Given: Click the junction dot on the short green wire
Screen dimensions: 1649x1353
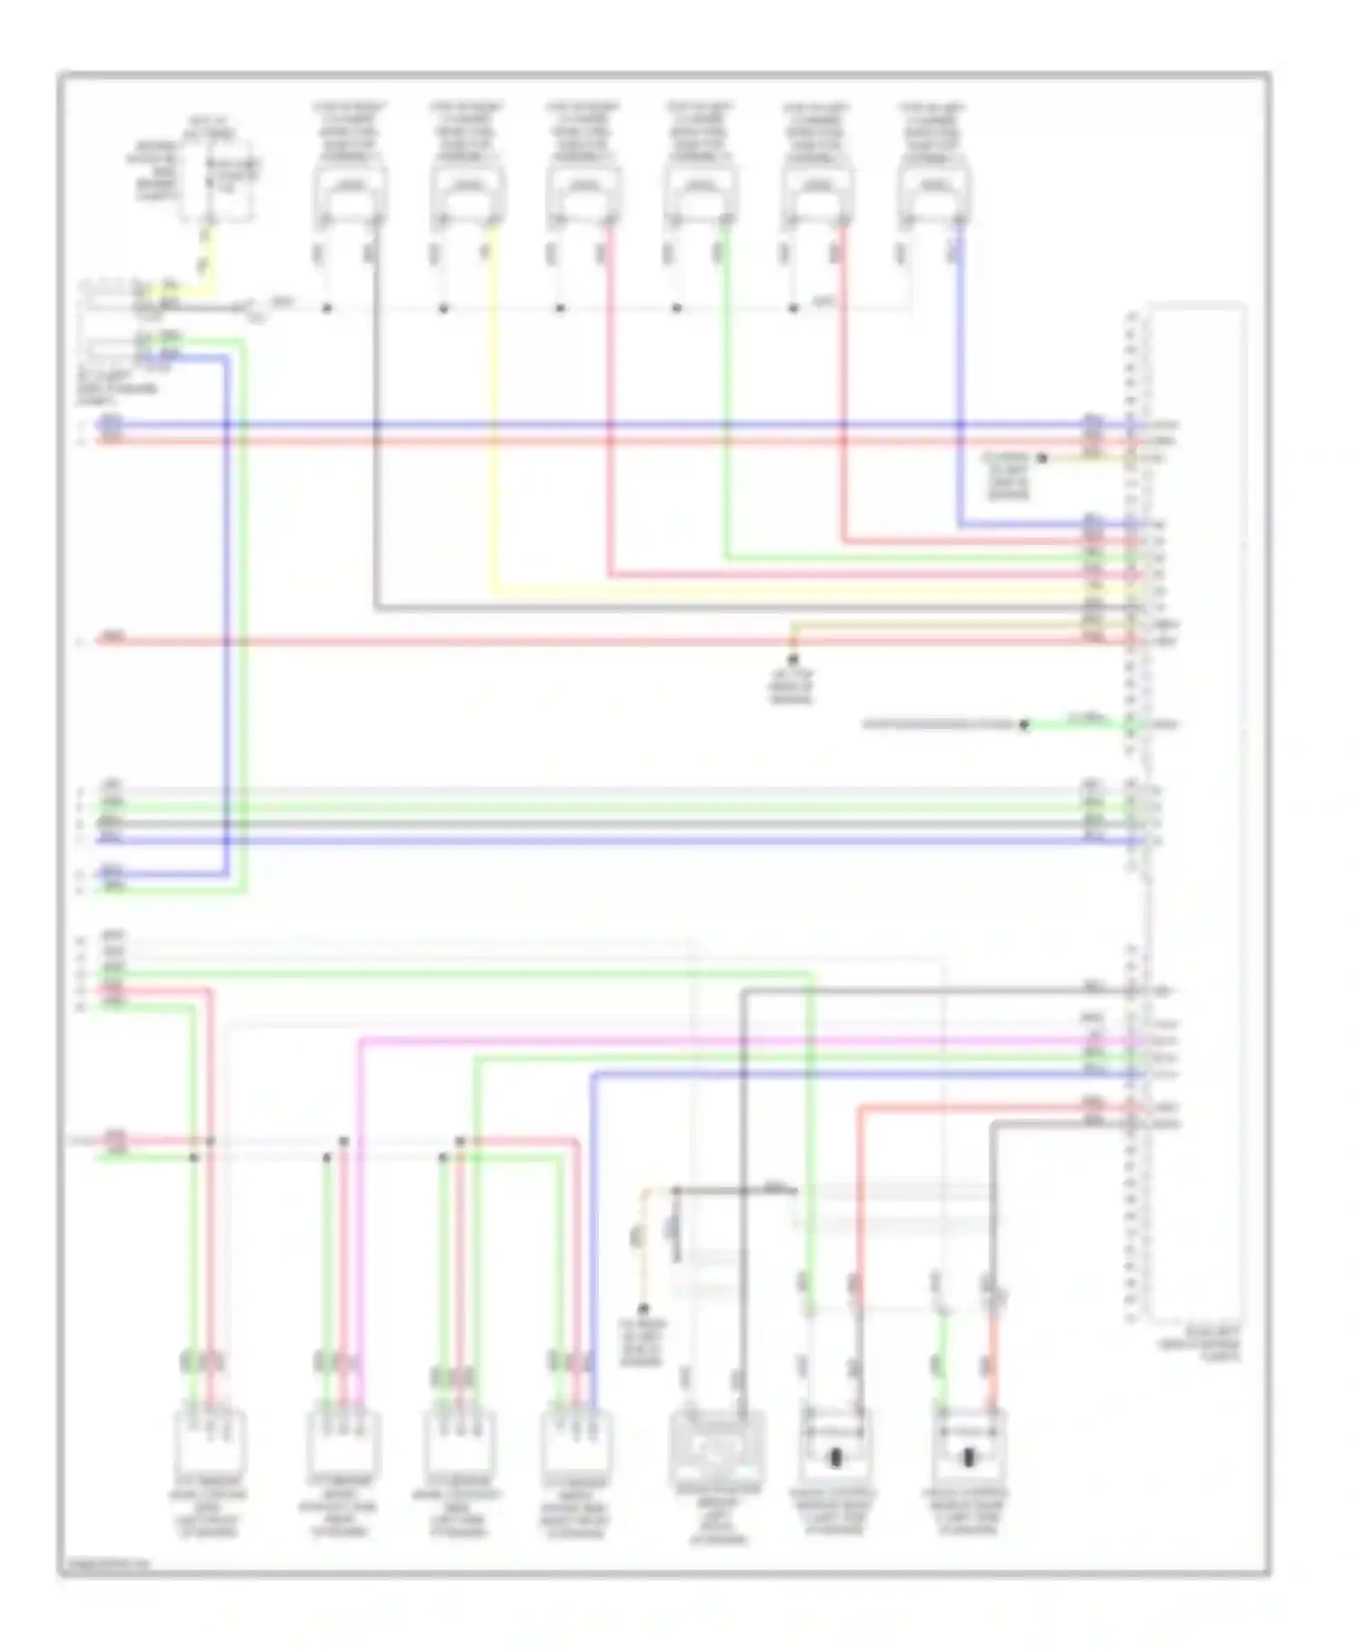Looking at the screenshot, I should tap(1025, 724).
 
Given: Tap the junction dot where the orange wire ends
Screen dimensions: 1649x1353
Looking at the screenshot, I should tap(793, 659).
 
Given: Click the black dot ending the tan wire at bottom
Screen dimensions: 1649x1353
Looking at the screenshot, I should tap(643, 1308).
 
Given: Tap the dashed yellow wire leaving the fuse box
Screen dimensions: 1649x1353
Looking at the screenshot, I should tap(207, 257).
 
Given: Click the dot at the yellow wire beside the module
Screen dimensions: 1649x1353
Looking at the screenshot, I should tap(1042, 458).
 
